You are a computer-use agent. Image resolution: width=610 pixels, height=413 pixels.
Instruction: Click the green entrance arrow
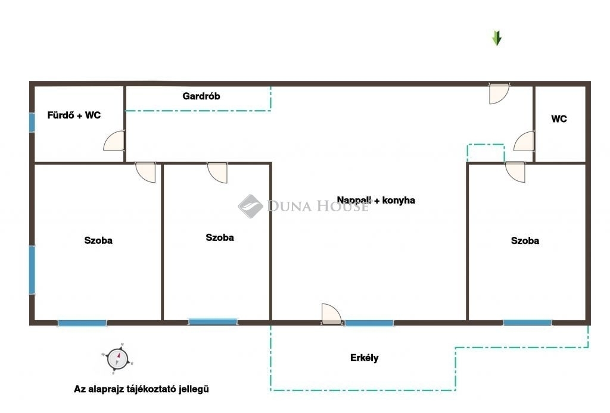click(x=497, y=39)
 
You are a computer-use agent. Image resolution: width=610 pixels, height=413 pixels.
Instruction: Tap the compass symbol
click(x=117, y=359)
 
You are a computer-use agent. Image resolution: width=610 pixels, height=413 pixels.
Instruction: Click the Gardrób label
click(x=201, y=96)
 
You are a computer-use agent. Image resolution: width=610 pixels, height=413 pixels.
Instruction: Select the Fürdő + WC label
click(x=74, y=115)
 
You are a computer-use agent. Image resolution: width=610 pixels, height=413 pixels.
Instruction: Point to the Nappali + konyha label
click(x=376, y=200)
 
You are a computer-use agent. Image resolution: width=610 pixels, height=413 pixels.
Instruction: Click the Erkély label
click(x=364, y=358)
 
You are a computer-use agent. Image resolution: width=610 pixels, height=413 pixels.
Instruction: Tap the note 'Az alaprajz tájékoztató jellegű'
click(x=141, y=389)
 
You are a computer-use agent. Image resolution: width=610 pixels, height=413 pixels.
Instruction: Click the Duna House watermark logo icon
click(x=251, y=206)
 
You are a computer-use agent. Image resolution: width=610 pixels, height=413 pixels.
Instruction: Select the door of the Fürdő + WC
click(x=114, y=140)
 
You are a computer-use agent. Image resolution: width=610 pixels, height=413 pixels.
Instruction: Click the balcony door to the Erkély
click(x=331, y=314)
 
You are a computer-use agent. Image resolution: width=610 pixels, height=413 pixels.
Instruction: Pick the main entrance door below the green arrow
click(x=499, y=93)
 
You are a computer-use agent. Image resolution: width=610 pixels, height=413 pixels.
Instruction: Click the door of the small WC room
click(x=524, y=141)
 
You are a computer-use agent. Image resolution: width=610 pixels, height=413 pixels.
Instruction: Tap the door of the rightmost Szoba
click(x=515, y=172)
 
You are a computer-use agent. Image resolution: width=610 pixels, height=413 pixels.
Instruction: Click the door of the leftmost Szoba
click(x=145, y=172)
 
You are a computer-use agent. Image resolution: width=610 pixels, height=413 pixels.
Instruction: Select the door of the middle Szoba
click(x=217, y=173)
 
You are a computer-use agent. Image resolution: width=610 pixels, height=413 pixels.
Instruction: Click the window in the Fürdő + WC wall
click(x=32, y=123)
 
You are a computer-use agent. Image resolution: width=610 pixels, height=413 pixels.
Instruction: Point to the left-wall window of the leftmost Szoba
click(x=32, y=270)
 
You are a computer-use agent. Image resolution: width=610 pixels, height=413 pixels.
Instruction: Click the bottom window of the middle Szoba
click(x=213, y=322)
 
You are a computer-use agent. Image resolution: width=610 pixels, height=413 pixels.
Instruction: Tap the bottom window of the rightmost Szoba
click(x=527, y=323)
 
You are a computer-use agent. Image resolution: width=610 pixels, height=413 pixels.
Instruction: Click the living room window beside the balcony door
click(x=369, y=323)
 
